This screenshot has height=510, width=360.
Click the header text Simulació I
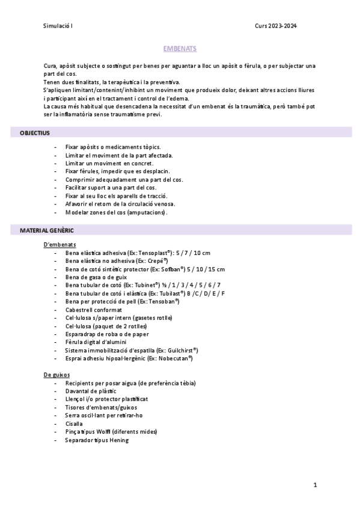coord(58,26)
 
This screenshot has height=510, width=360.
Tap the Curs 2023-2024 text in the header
coord(275,26)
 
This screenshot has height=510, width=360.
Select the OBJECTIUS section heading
coord(35,132)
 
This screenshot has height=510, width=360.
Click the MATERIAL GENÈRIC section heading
coord(47,230)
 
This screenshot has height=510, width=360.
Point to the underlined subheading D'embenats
coord(59,245)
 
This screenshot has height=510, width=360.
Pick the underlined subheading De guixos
coord(56,375)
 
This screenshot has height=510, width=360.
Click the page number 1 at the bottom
coord(315,485)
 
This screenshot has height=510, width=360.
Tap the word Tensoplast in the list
coord(153,253)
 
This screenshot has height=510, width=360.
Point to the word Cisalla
coord(75,423)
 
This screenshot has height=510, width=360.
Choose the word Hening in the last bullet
coord(118,440)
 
